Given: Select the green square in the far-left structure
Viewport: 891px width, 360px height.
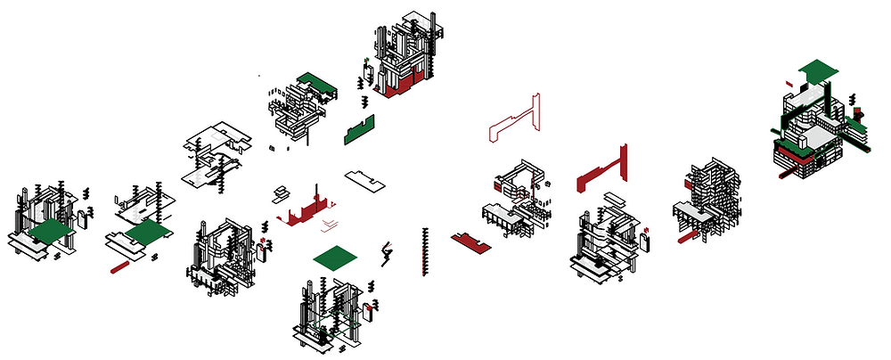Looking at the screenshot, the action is point(51,233).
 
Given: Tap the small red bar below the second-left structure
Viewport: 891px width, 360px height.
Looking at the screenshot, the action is point(119,266).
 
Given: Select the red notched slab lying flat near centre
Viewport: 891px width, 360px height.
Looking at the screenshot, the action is point(469,241).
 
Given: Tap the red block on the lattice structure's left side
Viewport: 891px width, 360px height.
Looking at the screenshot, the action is point(688,184).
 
